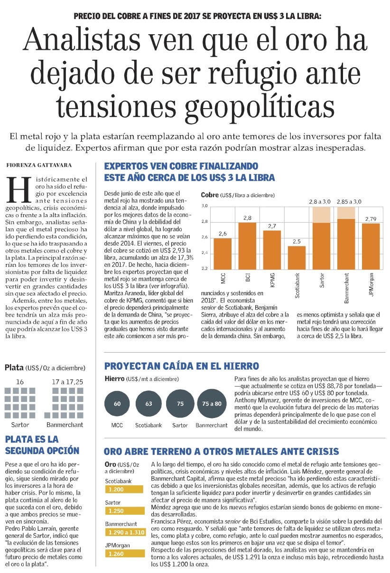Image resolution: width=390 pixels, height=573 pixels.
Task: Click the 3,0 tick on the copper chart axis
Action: [205, 206]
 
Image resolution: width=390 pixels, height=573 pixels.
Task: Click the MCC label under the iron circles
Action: [117, 425]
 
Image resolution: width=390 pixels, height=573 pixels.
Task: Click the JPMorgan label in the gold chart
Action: [117, 545]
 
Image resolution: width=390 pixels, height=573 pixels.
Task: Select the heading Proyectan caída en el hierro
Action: [182, 366]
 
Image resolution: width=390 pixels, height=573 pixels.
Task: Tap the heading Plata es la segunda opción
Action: [42, 445]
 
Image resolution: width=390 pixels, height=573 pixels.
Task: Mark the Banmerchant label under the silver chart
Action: [65, 425]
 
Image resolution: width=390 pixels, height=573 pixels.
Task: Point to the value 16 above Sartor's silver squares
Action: [20, 381]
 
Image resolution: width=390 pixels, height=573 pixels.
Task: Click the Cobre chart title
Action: [209, 195]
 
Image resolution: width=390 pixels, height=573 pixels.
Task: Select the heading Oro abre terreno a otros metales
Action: [221, 451]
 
